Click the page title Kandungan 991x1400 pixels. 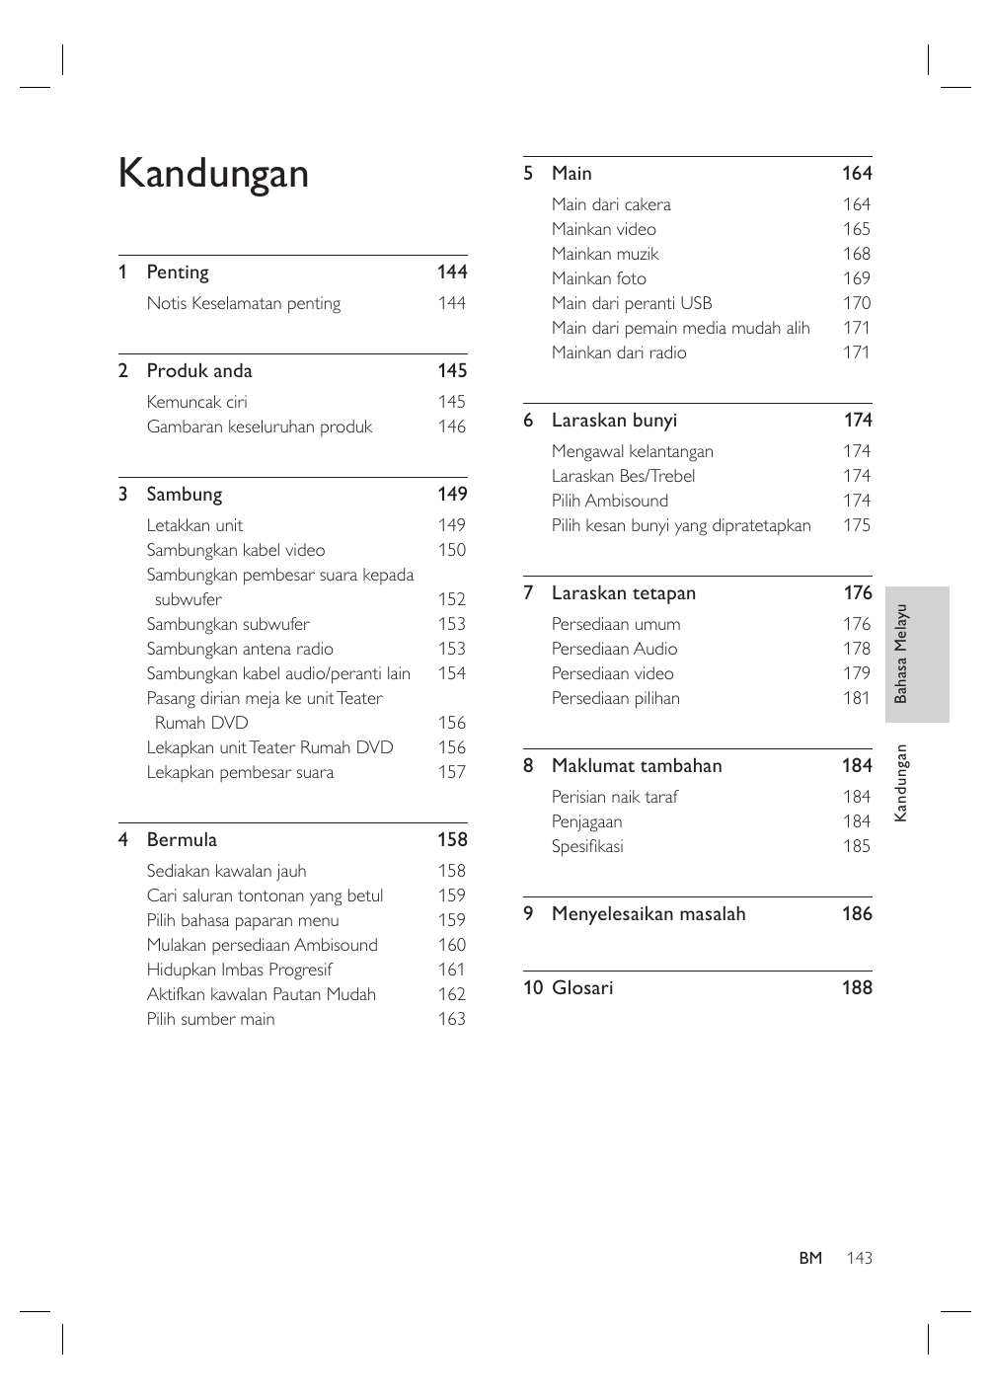[x=213, y=174]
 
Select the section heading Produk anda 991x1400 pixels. [x=199, y=371]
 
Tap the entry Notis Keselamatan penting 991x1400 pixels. [x=244, y=304]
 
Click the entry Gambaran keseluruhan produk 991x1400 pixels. [x=260, y=428]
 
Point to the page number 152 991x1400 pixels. [x=451, y=600]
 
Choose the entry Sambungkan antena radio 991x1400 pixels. [x=240, y=650]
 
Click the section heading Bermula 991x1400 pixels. [x=182, y=840]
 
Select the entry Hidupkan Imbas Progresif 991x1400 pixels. [x=239, y=971]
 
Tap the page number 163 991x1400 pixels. [x=451, y=1020]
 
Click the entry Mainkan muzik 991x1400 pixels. [x=605, y=255]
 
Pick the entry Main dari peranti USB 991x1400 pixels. [x=632, y=304]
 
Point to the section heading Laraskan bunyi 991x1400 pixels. [x=614, y=421]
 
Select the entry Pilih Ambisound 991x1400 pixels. [x=610, y=502]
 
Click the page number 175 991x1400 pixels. [x=857, y=526]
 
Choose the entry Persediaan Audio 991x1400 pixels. [x=614, y=650]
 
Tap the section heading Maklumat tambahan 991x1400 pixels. [x=637, y=766]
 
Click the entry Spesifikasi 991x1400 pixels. [x=587, y=847]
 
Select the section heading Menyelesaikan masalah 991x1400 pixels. [x=648, y=914]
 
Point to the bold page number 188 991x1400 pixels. [x=857, y=988]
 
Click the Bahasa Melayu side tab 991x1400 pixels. [x=917, y=655]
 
